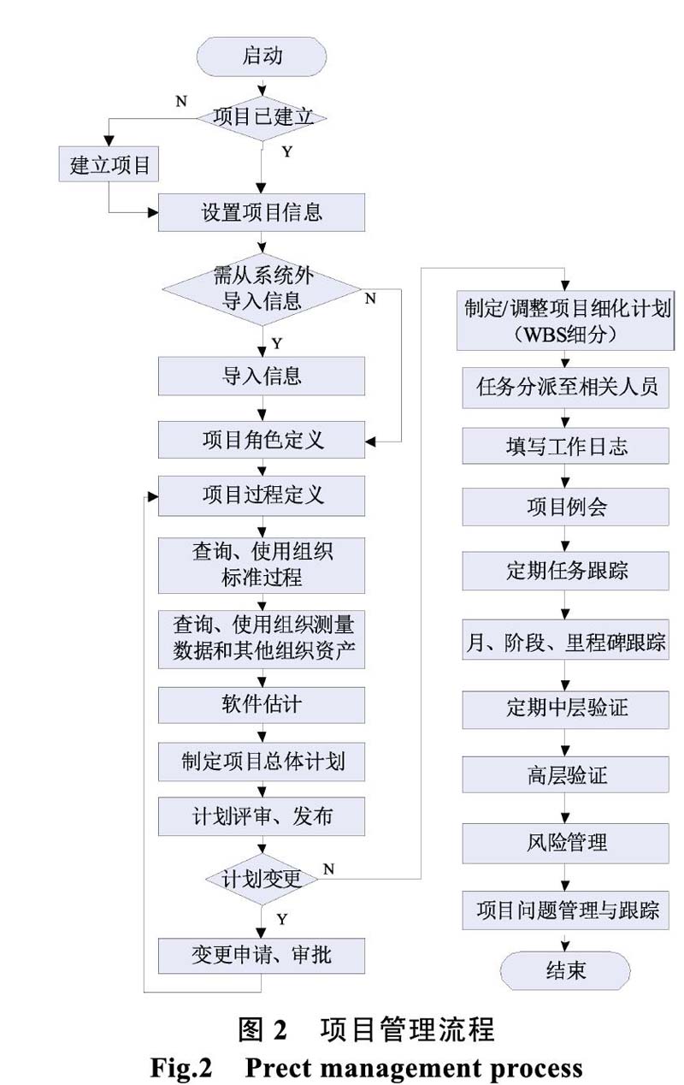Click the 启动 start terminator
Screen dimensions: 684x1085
(x=262, y=56)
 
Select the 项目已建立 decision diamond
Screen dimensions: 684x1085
(x=262, y=118)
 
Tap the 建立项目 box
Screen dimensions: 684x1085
(x=109, y=164)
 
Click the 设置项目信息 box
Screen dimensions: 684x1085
(x=262, y=213)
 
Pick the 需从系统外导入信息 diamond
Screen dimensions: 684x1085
(x=262, y=289)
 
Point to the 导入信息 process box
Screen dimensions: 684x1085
(x=262, y=376)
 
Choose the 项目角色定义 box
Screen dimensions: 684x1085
(x=262, y=440)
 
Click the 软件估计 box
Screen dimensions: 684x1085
(x=262, y=705)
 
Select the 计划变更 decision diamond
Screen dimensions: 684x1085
(x=262, y=879)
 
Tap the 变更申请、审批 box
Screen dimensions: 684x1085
(x=262, y=955)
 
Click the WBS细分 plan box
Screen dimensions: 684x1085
(x=566, y=320)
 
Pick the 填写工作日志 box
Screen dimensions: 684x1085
(x=566, y=446)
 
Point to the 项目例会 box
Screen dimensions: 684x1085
(x=566, y=507)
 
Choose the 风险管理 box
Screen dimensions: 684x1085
(x=566, y=844)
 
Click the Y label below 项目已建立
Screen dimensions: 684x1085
(x=287, y=152)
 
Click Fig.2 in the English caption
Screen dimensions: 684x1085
(x=181, y=1066)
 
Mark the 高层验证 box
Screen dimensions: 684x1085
(x=566, y=774)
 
